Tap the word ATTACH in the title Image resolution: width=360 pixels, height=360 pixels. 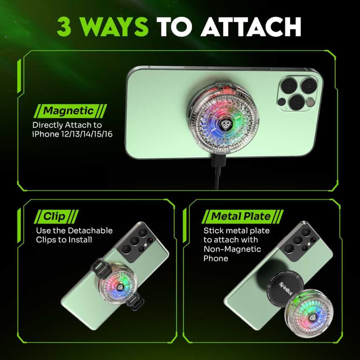coord(251,27)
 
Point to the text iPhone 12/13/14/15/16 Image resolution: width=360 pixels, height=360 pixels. coord(72,134)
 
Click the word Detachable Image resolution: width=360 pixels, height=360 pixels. coord(90,230)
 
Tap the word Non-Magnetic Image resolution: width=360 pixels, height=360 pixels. coord(232,249)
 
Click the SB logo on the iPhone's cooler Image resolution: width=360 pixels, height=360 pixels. coord(225,125)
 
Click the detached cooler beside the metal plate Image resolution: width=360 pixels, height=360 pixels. coord(309,313)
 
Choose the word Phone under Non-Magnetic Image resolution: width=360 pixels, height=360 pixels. coord(216,258)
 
